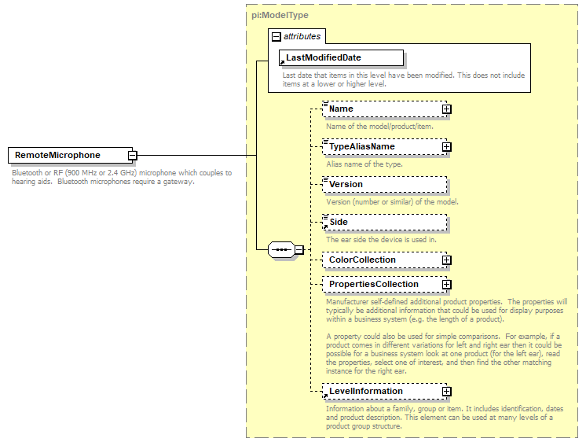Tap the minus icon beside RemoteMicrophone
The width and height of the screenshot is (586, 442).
pyautogui.click(x=133, y=156)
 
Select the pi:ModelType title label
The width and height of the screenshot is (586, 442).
pyautogui.click(x=280, y=14)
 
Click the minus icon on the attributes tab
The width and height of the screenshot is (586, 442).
pyautogui.click(x=276, y=37)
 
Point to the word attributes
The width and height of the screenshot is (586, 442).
pyautogui.click(x=302, y=37)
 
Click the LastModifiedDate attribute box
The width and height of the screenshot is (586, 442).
pyautogui.click(x=342, y=57)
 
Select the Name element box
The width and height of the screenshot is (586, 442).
pyautogui.click(x=382, y=109)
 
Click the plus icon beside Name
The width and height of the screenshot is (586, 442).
pyautogui.click(x=446, y=109)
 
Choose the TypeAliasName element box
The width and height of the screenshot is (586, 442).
pyautogui.click(x=382, y=146)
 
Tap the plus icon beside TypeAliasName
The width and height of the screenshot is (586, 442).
pyautogui.click(x=446, y=147)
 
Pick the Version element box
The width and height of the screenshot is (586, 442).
pyautogui.click(x=384, y=184)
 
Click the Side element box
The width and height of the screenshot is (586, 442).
pyautogui.click(x=384, y=222)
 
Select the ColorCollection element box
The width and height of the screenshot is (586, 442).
pyautogui.click(x=382, y=260)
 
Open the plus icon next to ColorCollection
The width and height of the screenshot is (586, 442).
pyautogui.click(x=446, y=260)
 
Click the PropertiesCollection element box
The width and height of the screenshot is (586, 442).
pyautogui.click(x=382, y=284)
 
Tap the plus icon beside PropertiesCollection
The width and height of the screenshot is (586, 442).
pyautogui.click(x=446, y=285)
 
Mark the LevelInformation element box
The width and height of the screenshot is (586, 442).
pyautogui.click(x=382, y=391)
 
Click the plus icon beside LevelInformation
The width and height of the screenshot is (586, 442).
pyautogui.click(x=446, y=392)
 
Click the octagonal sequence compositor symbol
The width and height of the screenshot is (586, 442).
pyautogui.click(x=280, y=250)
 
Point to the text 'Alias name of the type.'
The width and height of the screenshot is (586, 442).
pyautogui.click(x=364, y=164)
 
